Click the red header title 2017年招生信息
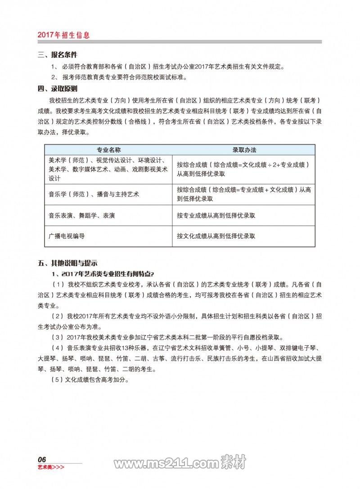pos(63,35)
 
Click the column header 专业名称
pos(108,149)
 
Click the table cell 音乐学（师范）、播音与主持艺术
pos(94,194)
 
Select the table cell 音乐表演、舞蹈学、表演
pos(81,216)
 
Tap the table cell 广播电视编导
pos(67,235)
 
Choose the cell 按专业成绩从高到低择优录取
pos(216,216)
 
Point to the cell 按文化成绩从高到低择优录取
pos(216,235)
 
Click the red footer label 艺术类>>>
pos(51,467)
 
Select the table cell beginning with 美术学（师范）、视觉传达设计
pos(108,169)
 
